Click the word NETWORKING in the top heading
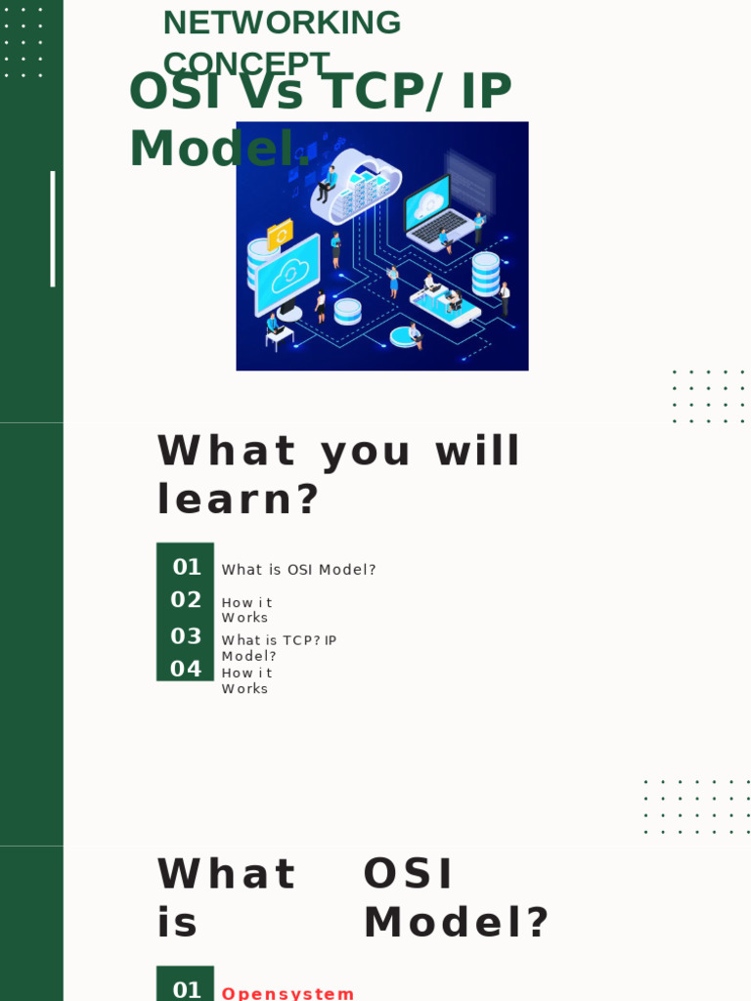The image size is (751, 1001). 282,22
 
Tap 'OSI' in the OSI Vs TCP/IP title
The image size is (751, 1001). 170,92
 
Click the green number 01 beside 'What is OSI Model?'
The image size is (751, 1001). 186,567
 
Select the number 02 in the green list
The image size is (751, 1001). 186,600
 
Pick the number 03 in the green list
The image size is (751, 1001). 186,636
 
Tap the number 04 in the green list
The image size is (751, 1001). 186,670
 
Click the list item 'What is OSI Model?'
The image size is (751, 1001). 298,570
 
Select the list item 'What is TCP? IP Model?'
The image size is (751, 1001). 279,648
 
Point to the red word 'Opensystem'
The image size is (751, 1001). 287,993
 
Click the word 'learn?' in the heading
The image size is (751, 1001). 239,500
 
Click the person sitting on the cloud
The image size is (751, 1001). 327,184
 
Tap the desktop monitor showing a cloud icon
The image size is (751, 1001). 287,276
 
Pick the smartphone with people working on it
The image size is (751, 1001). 445,305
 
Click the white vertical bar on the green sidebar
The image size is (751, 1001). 53,229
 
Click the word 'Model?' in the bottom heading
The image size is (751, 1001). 457,923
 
